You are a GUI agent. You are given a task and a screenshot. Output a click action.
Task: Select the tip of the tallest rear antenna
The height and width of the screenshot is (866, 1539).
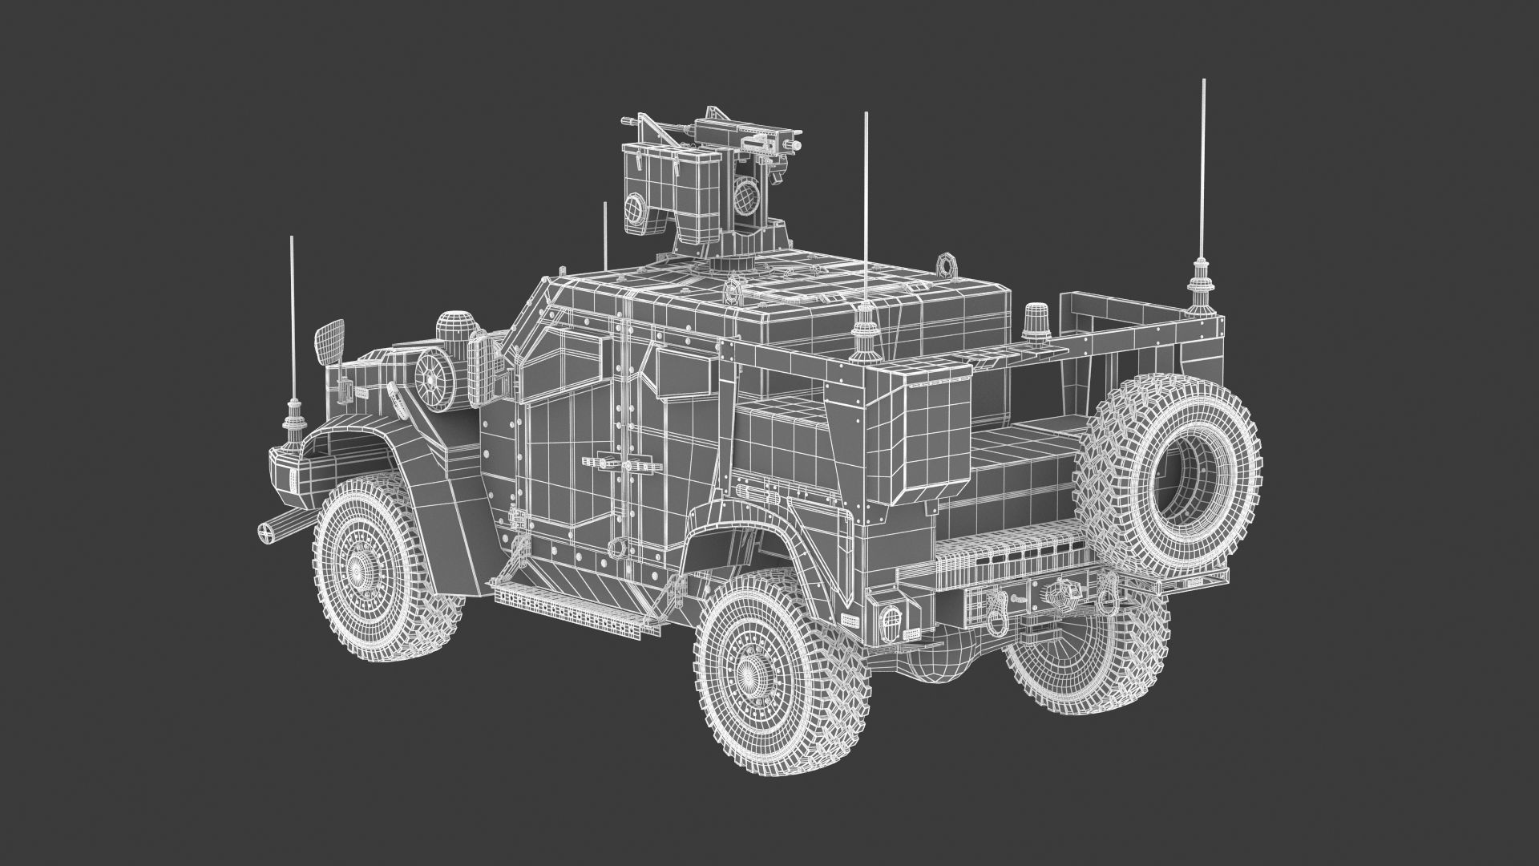click(x=1202, y=82)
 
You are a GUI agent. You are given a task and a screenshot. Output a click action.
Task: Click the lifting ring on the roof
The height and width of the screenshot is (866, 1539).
click(x=948, y=264)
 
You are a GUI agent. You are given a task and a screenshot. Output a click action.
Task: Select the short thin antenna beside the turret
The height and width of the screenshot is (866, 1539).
click(x=604, y=241)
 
